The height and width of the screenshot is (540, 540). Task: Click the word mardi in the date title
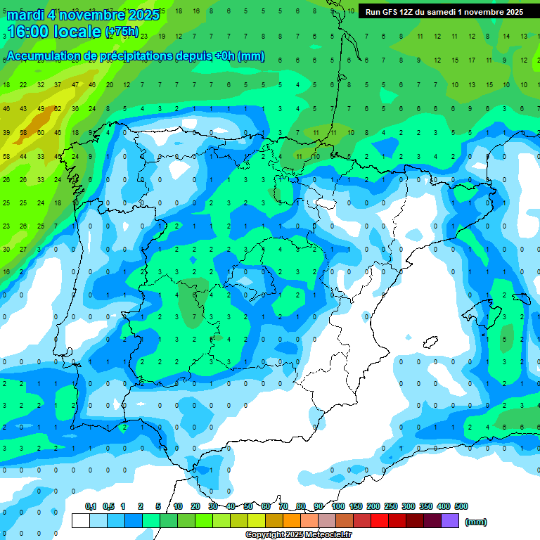tap(26, 15)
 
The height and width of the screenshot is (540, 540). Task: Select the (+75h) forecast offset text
tap(122, 32)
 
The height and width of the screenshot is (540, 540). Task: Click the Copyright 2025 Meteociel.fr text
tap(298, 535)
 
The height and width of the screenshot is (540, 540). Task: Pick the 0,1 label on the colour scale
tap(91, 506)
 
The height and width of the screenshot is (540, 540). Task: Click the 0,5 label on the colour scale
tap(108, 506)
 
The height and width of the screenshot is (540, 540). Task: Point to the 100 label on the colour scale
tap(337, 506)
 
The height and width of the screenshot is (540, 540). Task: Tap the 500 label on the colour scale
tap(461, 506)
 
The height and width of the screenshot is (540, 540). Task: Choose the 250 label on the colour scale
tap(391, 506)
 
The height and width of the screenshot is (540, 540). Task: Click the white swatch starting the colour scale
tap(81, 520)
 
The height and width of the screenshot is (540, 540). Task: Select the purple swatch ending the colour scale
tap(450, 520)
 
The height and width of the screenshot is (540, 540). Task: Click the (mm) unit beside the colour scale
tap(476, 522)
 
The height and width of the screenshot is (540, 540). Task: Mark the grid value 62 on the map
tap(58, 108)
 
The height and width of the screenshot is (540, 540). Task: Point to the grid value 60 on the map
tap(41, 132)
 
